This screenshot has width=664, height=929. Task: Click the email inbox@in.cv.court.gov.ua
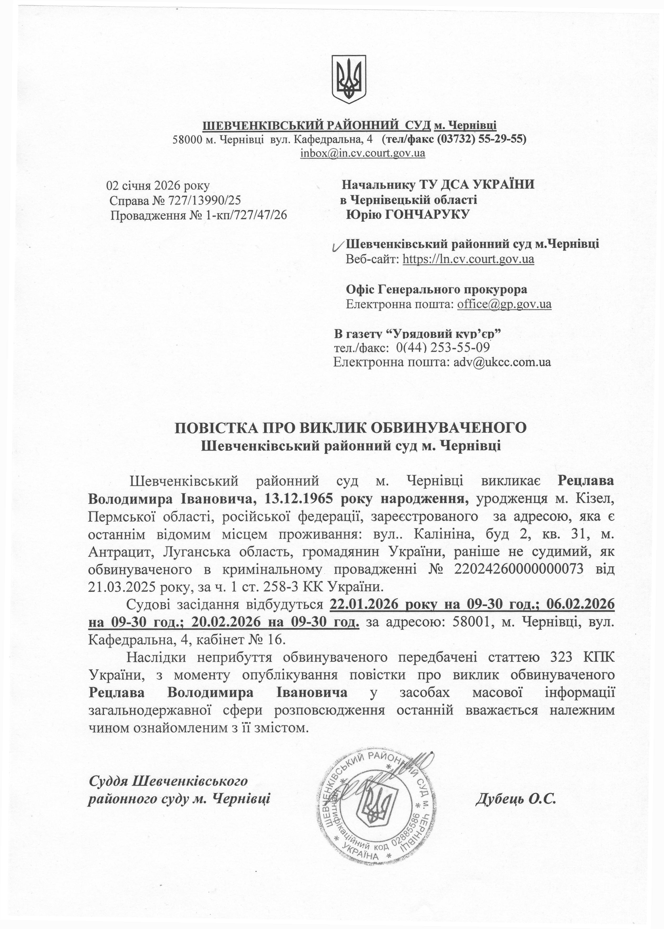[363, 153]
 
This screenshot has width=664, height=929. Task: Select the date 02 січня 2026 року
[158, 186]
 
